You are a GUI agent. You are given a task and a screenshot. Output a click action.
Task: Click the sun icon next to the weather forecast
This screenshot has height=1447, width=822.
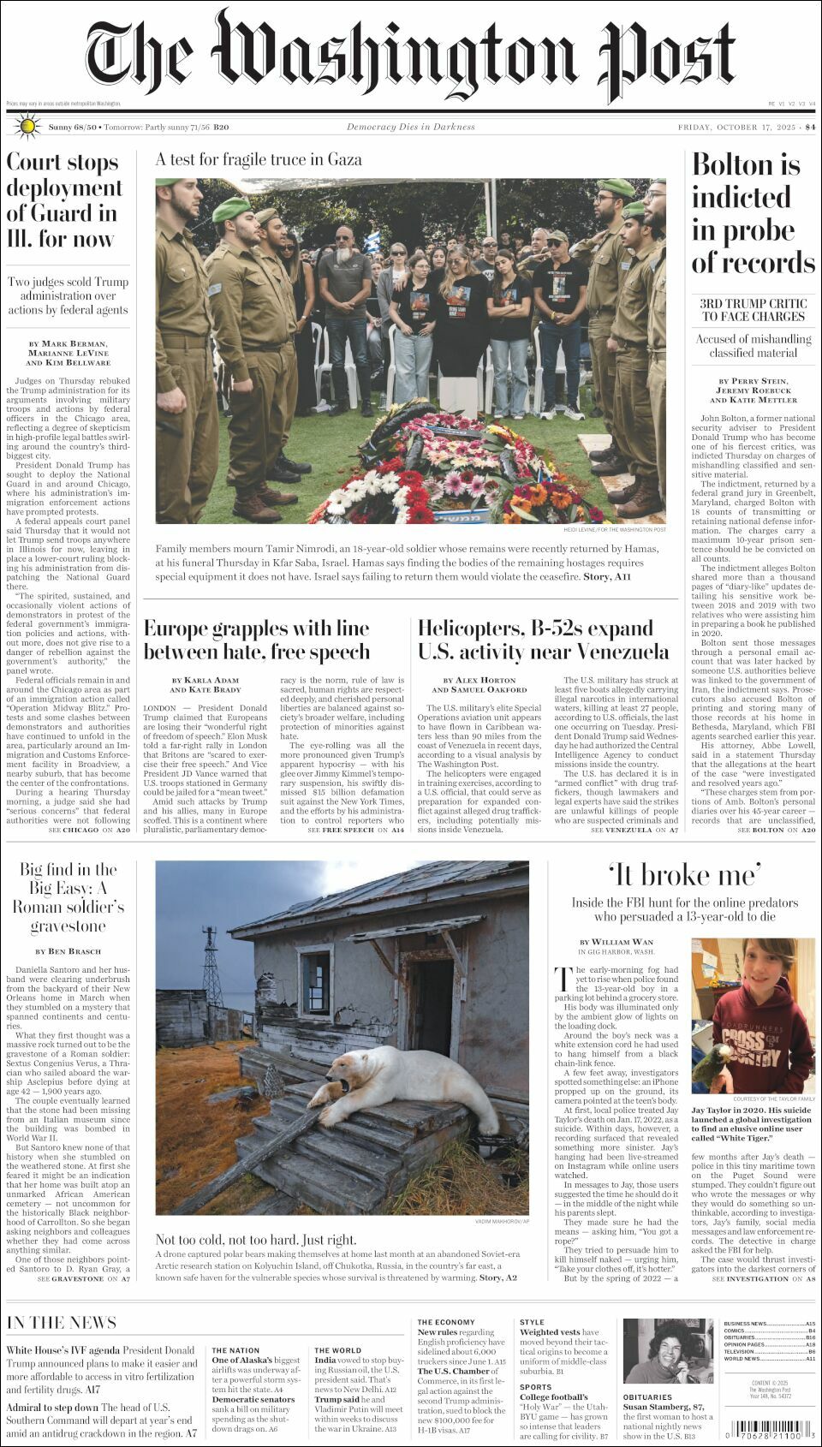27,127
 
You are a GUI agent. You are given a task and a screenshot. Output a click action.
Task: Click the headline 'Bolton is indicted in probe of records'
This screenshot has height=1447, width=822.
753,213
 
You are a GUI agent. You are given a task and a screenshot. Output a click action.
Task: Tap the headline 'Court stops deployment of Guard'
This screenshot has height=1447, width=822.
64,200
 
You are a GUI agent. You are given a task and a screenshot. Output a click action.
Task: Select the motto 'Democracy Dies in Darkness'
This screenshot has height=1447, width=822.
410,127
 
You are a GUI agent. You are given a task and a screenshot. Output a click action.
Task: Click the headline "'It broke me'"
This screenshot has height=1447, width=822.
684,875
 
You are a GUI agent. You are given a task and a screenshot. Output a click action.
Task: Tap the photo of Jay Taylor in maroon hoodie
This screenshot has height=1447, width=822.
753,1015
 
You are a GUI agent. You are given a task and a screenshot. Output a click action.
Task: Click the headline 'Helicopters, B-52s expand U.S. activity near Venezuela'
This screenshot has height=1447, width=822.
543,640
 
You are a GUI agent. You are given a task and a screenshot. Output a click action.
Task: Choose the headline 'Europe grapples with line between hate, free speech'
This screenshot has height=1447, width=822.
257,640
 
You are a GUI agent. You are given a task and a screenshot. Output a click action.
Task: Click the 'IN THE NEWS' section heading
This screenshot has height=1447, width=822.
62,1322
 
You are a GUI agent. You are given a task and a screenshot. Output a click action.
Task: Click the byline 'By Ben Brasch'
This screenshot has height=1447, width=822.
68,951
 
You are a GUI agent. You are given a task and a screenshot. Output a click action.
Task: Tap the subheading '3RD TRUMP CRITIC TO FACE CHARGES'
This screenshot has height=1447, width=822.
753,310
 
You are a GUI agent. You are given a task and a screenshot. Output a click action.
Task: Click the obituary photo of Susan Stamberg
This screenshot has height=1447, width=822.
656,1351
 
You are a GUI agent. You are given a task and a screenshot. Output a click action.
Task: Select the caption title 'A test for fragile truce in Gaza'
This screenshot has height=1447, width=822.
259,159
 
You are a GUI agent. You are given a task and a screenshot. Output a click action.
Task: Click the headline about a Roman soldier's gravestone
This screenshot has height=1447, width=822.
68,897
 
